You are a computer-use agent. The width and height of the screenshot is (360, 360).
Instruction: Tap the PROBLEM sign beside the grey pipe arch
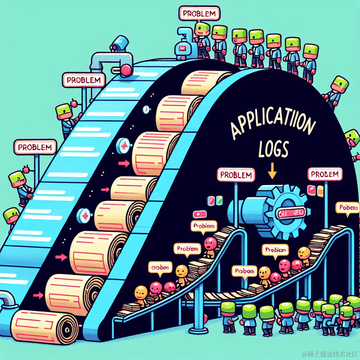click(83, 80)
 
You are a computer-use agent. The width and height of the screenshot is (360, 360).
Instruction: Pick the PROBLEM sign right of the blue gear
click(324, 174)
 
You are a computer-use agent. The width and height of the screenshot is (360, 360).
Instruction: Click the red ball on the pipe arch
click(125, 70)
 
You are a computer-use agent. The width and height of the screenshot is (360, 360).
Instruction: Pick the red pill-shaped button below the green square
click(199, 213)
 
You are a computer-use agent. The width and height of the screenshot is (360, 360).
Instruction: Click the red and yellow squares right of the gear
click(315, 191)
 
